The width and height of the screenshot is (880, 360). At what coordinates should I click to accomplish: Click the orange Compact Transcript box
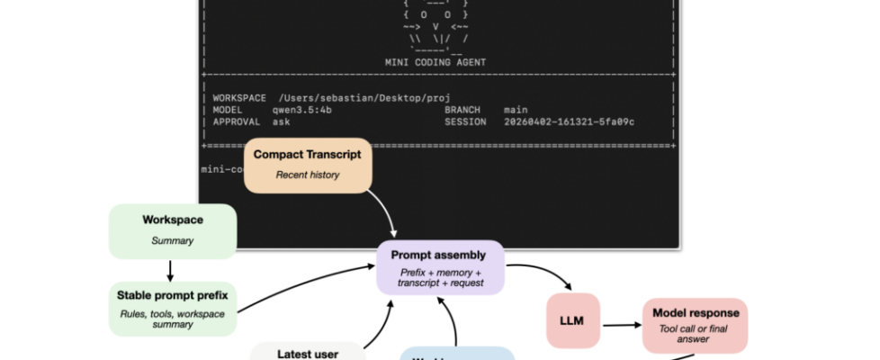click(307, 164)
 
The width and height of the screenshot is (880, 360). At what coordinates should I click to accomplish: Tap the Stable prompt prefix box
click(172, 308)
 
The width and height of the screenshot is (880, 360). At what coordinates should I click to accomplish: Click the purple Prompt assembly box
click(440, 267)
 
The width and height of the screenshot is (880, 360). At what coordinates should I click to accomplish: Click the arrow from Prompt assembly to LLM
click(540, 274)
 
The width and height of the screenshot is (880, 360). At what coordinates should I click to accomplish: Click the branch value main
click(516, 109)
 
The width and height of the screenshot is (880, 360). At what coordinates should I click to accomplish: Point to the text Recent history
click(307, 175)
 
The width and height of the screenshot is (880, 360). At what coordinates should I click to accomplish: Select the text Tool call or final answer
click(694, 335)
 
